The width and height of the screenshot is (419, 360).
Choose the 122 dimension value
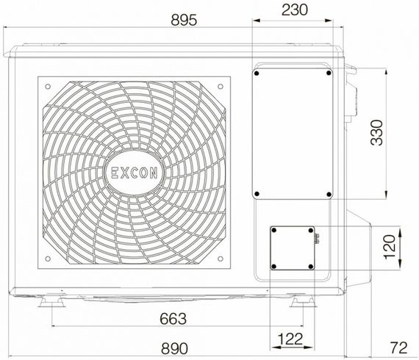292,339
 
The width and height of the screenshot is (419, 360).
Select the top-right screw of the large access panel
327,73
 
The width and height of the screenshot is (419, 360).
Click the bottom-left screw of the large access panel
257,195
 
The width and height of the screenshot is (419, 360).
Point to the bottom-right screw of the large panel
327,195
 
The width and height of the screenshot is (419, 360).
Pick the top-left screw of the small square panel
273,231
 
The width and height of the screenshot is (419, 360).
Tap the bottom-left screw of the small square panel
273,265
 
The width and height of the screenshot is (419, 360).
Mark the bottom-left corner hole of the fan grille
48,259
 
